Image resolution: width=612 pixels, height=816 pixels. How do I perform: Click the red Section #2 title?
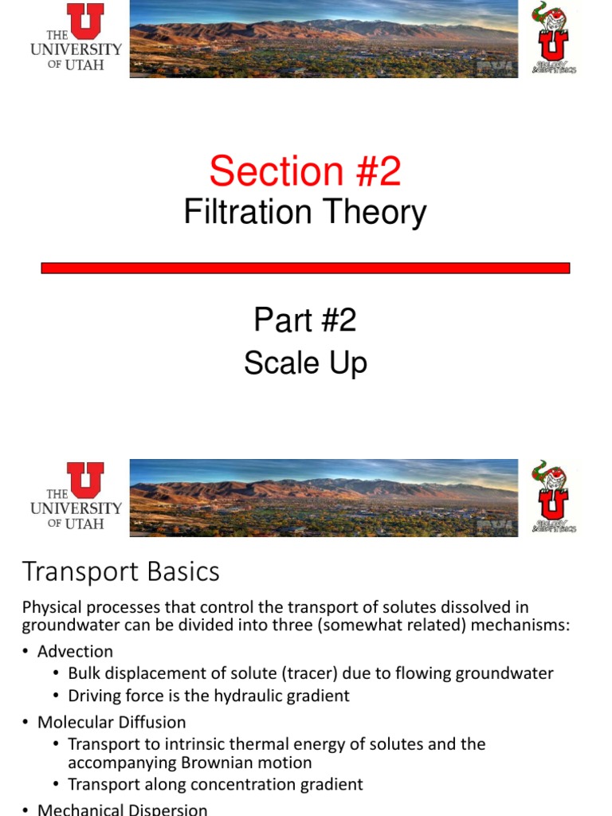(305, 171)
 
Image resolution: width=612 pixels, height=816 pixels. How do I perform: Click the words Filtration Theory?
(305, 213)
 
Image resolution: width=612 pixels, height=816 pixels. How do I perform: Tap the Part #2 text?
(305, 320)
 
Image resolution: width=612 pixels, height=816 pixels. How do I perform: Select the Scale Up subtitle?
(305, 363)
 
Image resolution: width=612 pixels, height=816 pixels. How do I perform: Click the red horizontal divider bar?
(305, 269)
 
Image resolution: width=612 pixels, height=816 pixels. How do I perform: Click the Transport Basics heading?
(120, 571)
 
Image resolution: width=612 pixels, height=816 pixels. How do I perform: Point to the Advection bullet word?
(75, 651)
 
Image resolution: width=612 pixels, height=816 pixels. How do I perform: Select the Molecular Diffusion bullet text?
(112, 722)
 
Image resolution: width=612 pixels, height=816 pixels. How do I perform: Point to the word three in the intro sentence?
(288, 626)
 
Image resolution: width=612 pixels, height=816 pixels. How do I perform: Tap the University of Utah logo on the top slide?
(76, 37)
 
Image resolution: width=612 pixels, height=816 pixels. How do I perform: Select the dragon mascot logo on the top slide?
(552, 38)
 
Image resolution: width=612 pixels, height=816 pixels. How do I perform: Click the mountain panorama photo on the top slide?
(324, 38)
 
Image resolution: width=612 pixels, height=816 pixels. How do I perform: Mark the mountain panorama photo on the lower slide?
(324, 497)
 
